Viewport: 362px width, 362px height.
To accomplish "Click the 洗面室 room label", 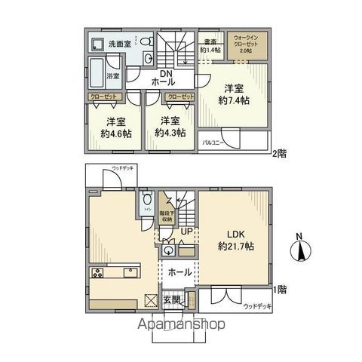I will [121, 43].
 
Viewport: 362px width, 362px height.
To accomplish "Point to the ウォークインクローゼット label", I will [248, 41].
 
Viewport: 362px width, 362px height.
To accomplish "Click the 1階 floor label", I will [279, 289].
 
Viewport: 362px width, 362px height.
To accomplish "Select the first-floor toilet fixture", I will [145, 203].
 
